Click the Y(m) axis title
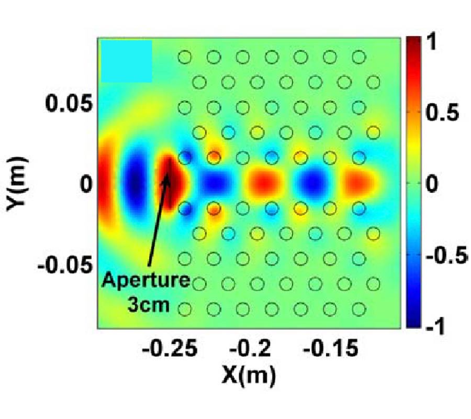click(19, 185)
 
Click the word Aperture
click(145, 281)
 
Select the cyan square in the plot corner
click(127, 61)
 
